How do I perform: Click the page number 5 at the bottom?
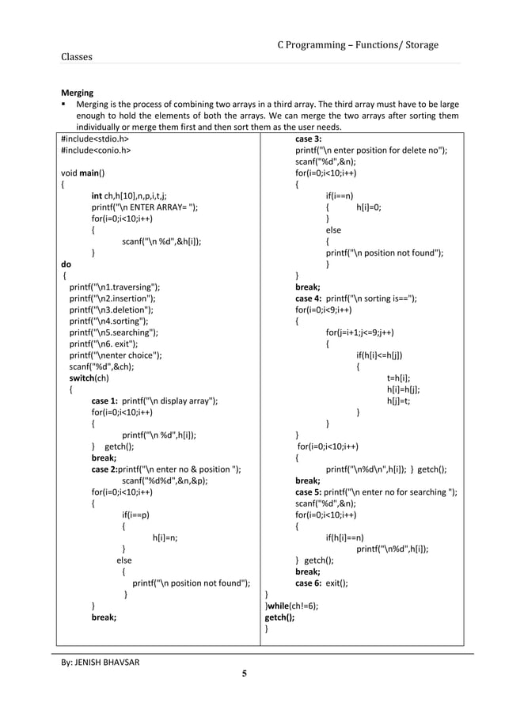(245, 674)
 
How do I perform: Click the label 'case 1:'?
(104, 401)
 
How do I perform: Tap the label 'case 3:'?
(308, 138)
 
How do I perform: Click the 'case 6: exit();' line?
(321, 583)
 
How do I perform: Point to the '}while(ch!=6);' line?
(291, 606)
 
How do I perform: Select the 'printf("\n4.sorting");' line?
(108, 321)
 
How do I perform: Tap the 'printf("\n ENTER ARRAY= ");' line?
(144, 207)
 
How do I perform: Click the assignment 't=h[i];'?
(397, 378)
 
